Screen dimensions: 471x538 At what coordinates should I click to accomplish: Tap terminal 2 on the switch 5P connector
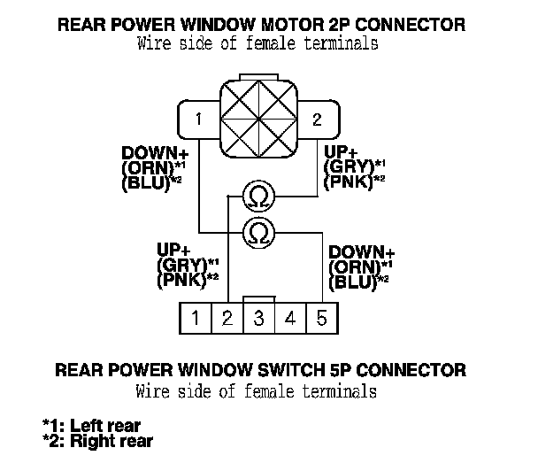pyautogui.click(x=227, y=318)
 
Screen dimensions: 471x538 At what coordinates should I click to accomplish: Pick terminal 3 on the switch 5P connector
pyautogui.click(x=258, y=318)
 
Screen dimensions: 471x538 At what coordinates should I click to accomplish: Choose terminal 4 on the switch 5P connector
pyautogui.click(x=290, y=318)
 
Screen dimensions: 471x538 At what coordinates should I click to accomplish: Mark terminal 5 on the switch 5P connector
pyautogui.click(x=321, y=318)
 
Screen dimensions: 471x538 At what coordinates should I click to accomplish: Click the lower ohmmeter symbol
pyautogui.click(x=258, y=232)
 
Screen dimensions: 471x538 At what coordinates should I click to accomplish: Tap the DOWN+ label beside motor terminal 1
pyautogui.click(x=146, y=152)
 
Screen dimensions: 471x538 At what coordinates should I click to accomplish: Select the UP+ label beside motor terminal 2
pyautogui.click(x=342, y=152)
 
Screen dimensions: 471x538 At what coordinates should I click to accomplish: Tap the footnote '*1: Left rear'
pyautogui.click(x=91, y=426)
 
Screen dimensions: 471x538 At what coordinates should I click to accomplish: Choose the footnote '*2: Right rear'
pyautogui.click(x=97, y=441)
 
